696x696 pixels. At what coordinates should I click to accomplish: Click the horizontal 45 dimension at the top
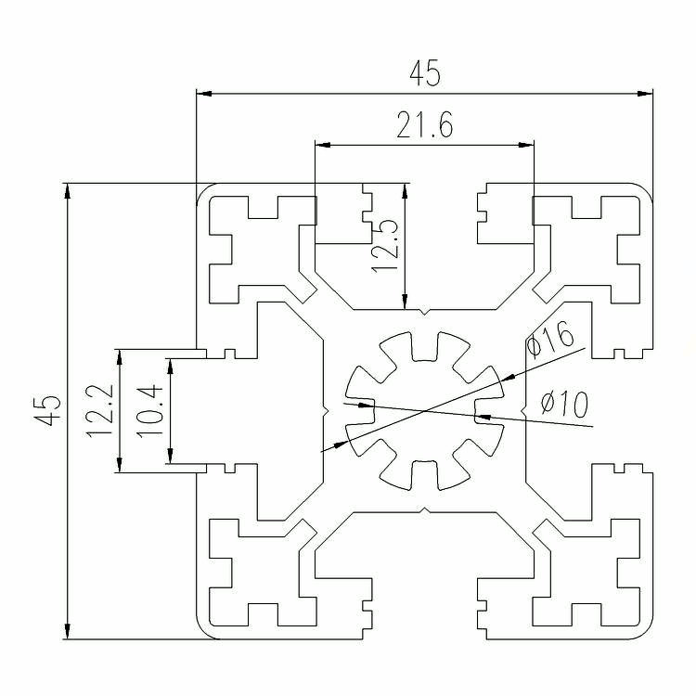click(x=425, y=73)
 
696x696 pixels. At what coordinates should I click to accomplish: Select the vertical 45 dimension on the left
click(x=47, y=410)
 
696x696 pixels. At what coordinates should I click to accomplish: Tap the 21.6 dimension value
click(x=425, y=124)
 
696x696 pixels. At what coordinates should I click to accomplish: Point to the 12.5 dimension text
click(x=385, y=246)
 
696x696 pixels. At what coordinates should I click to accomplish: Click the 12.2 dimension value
click(x=99, y=410)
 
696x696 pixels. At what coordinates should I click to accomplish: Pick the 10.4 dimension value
click(x=149, y=410)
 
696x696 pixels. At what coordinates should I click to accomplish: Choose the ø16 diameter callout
click(x=549, y=340)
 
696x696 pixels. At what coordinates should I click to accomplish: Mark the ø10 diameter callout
click(x=564, y=404)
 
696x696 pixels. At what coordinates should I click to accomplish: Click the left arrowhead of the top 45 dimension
click(x=204, y=94)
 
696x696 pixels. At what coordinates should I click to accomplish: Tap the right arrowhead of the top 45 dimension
click(x=645, y=94)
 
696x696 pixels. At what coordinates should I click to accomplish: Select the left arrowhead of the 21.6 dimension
click(x=323, y=145)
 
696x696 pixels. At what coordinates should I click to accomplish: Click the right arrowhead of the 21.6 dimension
click(x=526, y=145)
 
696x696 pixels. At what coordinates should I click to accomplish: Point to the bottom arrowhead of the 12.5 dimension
click(x=405, y=301)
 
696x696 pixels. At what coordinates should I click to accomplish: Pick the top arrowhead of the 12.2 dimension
click(x=119, y=357)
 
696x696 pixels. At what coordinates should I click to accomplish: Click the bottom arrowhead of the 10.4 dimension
click(x=170, y=456)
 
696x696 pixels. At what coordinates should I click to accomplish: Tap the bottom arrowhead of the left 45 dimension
click(x=67, y=631)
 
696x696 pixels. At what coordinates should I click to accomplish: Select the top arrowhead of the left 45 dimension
click(x=67, y=191)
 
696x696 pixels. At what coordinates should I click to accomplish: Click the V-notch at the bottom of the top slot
click(x=425, y=312)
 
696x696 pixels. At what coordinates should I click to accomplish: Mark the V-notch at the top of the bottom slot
click(x=425, y=510)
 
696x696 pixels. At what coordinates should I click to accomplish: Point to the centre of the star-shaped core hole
click(x=425, y=411)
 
